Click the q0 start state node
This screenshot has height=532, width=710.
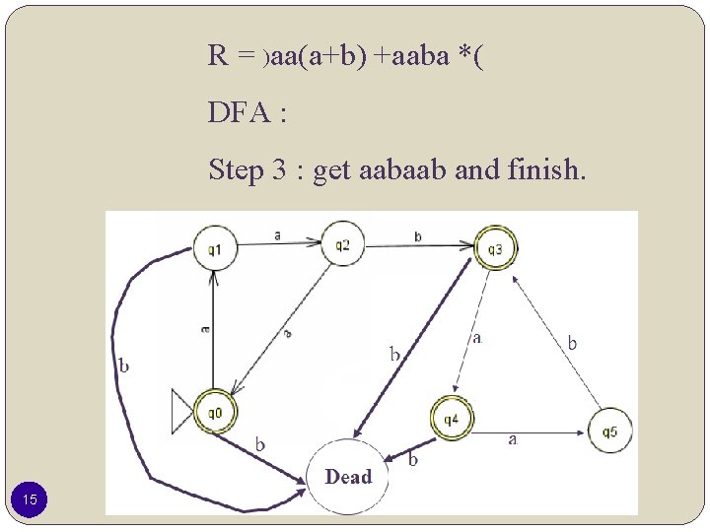tap(214, 412)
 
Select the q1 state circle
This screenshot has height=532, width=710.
tap(214, 249)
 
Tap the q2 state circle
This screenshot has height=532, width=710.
tap(342, 244)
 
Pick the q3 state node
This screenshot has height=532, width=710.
tap(495, 249)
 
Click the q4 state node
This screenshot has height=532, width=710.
tap(452, 420)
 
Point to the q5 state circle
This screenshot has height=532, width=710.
tap(609, 431)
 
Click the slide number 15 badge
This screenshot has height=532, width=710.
tap(31, 500)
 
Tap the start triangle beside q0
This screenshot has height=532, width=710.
tap(182, 411)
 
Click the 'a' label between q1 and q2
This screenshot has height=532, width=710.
tap(277, 234)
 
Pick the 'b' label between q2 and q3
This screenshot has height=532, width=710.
tap(418, 236)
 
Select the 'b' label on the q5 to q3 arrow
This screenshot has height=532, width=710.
tap(572, 343)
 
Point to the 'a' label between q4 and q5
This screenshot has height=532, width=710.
tap(512, 439)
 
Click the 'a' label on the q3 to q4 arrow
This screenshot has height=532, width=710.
tap(477, 338)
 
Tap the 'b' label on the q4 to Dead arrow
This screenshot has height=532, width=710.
tap(413, 459)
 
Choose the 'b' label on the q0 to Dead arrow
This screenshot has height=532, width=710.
tap(260, 443)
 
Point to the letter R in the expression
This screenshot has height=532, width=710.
tap(218, 55)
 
